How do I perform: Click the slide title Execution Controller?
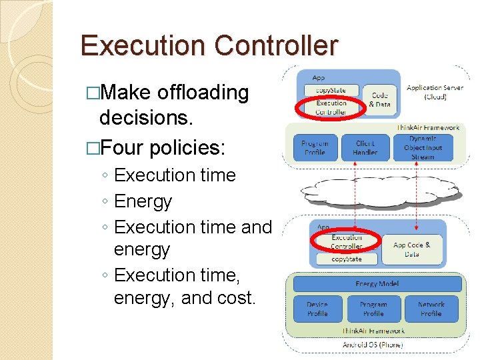[x=209, y=46]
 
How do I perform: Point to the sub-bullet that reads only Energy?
[x=143, y=201]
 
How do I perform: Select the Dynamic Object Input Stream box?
[x=423, y=148]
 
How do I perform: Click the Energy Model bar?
[x=377, y=284]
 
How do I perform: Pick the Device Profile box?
[x=317, y=309]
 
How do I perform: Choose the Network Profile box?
[x=431, y=309]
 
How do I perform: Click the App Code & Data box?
[x=411, y=249]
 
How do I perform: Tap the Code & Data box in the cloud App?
[x=379, y=100]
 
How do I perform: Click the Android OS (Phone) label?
[x=373, y=345]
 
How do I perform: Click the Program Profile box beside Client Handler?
[x=315, y=148]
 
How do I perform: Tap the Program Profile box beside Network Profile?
[x=373, y=309]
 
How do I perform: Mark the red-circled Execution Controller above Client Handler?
[x=331, y=107]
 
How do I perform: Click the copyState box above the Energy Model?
[x=346, y=259]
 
